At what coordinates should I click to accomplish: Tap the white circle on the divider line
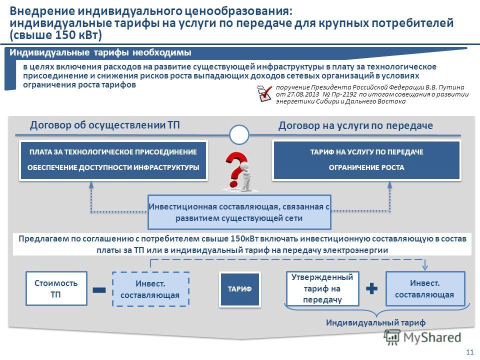click(239, 134)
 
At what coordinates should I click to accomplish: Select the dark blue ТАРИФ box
click(239, 289)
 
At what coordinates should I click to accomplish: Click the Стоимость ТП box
click(56, 288)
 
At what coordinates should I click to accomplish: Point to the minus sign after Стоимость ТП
click(99, 290)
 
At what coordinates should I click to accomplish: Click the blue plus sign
click(371, 288)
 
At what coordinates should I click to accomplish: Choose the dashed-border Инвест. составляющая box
click(150, 289)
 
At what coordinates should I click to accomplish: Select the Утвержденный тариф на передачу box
click(322, 288)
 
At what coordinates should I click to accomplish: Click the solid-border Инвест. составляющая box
click(425, 288)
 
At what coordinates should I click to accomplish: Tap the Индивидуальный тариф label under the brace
click(375, 322)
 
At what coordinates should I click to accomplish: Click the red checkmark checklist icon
click(264, 93)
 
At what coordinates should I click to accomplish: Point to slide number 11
click(469, 351)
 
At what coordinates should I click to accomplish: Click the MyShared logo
click(422, 337)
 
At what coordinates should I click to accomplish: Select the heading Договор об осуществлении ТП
click(104, 125)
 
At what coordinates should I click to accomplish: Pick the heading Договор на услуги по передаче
click(355, 125)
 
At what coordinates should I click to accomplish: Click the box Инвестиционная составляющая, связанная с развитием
click(239, 212)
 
